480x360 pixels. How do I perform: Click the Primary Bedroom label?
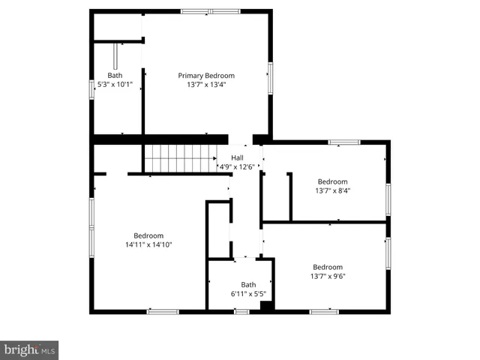point(205,76)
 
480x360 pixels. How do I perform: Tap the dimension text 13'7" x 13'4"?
point(205,85)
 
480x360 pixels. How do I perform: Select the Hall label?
point(237,157)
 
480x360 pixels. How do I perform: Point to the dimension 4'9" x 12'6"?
point(237,166)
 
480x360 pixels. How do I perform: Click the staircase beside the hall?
point(180,158)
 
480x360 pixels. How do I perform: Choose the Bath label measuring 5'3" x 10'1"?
point(115,76)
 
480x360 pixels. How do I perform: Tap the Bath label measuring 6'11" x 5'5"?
point(248,284)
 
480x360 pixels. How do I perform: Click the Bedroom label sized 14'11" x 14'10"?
point(148,235)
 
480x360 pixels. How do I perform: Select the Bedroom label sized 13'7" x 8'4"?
point(332,181)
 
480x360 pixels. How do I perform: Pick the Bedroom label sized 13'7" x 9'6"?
point(328,267)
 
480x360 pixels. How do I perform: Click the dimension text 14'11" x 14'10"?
point(148,244)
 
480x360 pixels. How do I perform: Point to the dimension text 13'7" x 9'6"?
point(328,276)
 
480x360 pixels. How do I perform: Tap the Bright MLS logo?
point(29,349)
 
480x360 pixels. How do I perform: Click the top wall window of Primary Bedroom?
point(210,11)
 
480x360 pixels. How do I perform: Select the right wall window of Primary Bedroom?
point(270,78)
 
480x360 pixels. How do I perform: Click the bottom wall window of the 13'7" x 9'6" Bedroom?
point(324,311)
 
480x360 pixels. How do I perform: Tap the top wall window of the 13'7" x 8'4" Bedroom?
point(343,142)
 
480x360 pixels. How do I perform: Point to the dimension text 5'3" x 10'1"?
point(115,85)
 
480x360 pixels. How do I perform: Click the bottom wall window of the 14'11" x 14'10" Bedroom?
point(162,311)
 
